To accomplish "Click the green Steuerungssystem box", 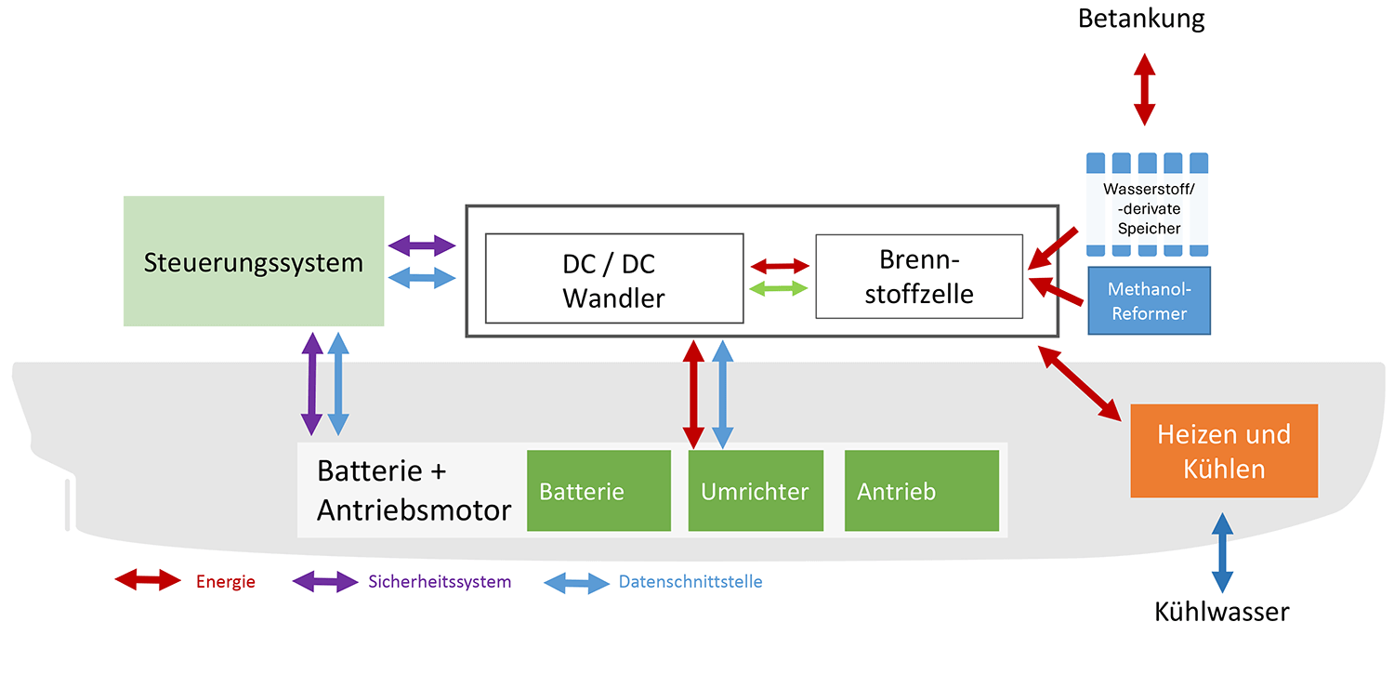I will [254, 261].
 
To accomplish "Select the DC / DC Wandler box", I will [614, 278].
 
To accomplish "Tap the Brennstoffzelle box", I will [919, 276].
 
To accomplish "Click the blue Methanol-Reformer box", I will [1150, 300].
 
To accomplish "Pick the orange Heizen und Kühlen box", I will [1224, 451].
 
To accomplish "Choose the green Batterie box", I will [598, 491].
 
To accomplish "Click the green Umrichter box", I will [756, 491].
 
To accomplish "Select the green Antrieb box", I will [921, 491].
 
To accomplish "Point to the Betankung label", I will [1141, 19].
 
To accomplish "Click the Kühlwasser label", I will [1222, 612].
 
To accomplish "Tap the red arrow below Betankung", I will [1144, 89].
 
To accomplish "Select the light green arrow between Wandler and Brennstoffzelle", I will [779, 289].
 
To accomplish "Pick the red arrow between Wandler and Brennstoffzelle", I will [779, 266].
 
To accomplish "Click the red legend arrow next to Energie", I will [148, 581].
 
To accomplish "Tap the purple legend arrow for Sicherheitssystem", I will [324, 582].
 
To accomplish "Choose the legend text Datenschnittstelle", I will [690, 582].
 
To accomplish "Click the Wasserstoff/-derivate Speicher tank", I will [1148, 205].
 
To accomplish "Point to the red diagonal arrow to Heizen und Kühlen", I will [1079, 381].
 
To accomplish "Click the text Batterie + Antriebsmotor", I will [414, 490].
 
